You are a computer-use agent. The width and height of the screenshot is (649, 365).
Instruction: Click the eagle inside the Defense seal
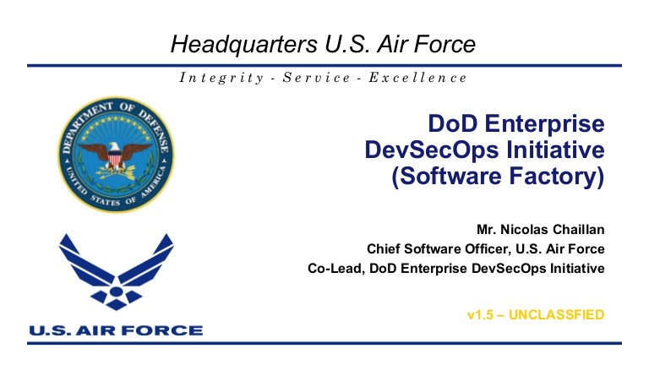pos(116,155)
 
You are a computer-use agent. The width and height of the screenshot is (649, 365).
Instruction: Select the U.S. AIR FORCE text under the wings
pos(116,330)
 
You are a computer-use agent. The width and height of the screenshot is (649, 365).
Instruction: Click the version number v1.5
pos(482,315)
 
